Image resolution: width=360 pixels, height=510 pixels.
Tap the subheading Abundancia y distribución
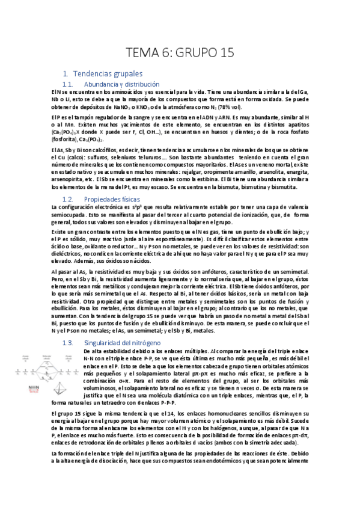click(x=122, y=84)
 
